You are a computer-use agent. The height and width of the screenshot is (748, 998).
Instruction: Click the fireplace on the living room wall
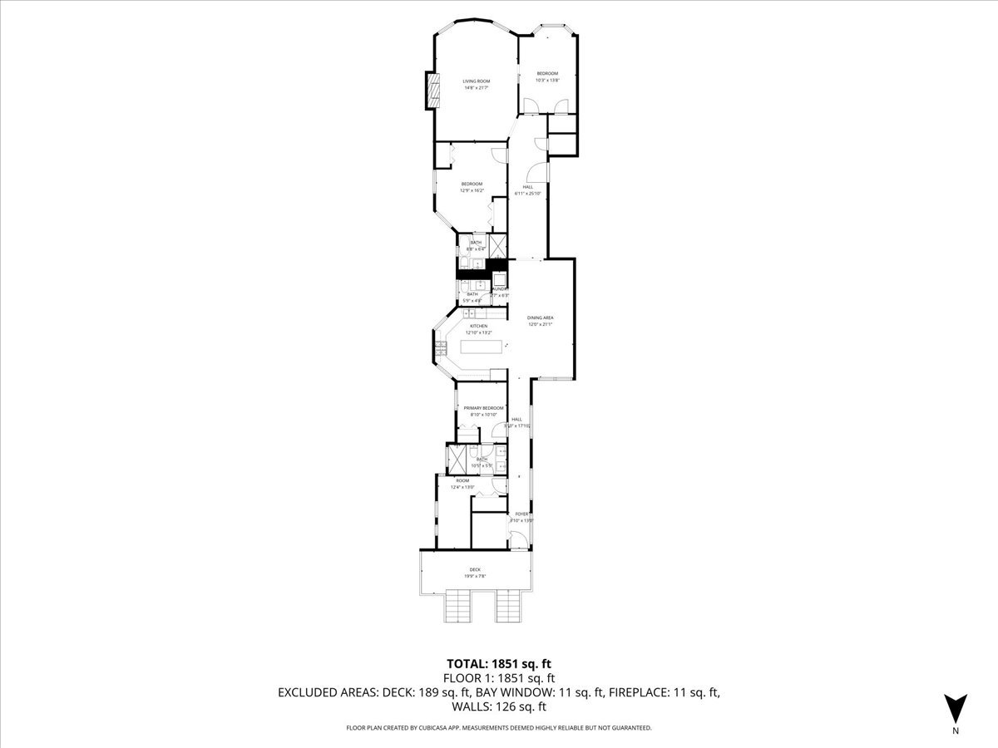(431, 90)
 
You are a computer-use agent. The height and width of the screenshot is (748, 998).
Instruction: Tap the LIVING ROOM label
(477, 81)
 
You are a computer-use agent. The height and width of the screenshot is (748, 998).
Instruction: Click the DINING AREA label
(541, 317)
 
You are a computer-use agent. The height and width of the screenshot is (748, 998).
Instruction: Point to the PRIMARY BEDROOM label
(484, 408)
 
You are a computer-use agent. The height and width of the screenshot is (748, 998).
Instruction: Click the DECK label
(474, 569)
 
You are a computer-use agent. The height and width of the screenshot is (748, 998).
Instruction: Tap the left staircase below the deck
(459, 606)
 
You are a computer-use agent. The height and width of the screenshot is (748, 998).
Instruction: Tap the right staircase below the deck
(509, 606)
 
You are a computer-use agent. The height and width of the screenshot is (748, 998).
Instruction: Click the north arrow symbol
(956, 708)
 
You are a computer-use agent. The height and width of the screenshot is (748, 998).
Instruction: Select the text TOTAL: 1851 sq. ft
(499, 664)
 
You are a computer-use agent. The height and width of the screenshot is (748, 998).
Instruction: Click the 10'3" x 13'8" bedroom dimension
(547, 80)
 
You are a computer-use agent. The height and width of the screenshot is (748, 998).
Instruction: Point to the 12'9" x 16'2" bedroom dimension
(472, 190)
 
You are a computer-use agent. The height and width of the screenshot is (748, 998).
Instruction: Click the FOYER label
(522, 514)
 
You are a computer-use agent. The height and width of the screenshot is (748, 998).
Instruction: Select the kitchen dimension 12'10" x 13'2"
(478, 332)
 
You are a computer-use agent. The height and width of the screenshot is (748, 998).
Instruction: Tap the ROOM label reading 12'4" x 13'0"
(462, 481)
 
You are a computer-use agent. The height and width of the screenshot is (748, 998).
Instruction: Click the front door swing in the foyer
(517, 542)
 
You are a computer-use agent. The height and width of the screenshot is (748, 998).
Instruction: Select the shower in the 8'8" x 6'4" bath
(498, 246)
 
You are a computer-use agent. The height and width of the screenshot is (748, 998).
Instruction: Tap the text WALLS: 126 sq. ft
(499, 707)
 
